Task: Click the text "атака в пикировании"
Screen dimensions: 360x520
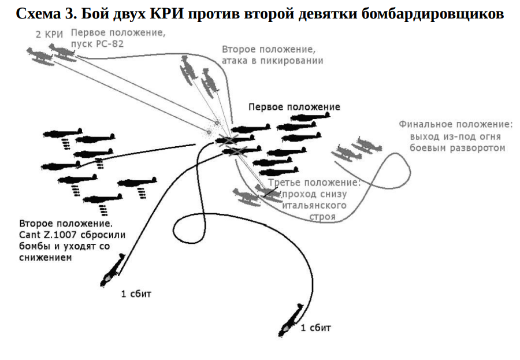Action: pyautogui.click(x=272, y=60)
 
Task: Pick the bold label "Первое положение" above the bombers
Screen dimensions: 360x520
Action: pyautogui.click(x=294, y=107)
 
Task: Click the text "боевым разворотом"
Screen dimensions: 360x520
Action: pyautogui.click(x=456, y=147)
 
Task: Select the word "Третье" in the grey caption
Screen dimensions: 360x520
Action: pyautogui.click(x=284, y=183)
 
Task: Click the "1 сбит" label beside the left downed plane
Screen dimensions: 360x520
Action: pyautogui.click(x=136, y=293)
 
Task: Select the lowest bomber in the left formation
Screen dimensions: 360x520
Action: pyautogui.click(x=102, y=199)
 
